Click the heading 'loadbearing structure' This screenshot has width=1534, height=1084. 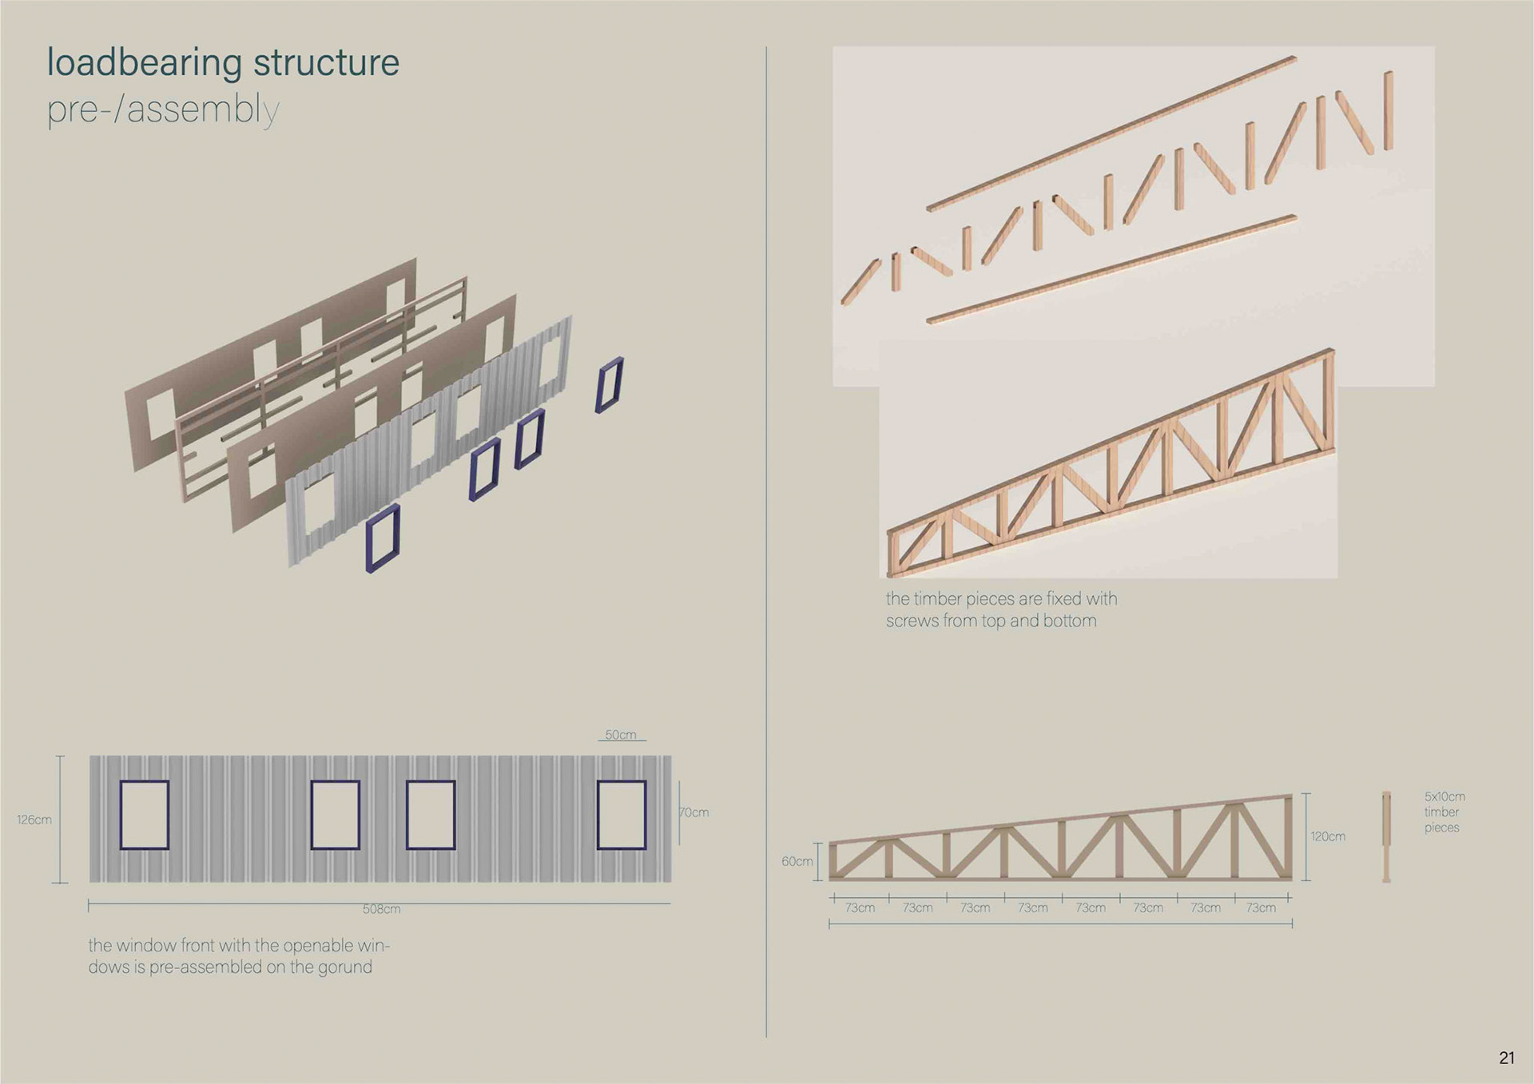click(x=223, y=63)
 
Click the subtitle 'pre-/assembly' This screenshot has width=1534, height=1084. click(x=163, y=110)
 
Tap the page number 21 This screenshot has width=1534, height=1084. click(x=1506, y=1058)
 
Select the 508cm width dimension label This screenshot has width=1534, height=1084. click(x=381, y=909)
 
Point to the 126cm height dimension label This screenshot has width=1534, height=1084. click(x=34, y=820)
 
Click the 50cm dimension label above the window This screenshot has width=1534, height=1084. click(x=621, y=735)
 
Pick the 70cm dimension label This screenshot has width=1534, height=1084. click(x=694, y=812)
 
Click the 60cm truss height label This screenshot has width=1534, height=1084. click(x=797, y=861)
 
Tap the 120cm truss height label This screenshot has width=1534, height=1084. click(x=1327, y=836)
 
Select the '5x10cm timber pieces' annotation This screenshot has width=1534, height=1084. click(x=1444, y=812)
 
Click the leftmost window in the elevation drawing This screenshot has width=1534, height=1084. click(x=145, y=815)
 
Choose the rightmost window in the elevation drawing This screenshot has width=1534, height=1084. click(x=622, y=815)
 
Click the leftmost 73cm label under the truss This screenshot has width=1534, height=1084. click(x=860, y=907)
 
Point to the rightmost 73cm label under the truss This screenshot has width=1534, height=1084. click(x=1261, y=907)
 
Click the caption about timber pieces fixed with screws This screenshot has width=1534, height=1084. click(x=1000, y=610)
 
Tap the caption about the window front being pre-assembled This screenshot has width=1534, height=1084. click(x=238, y=956)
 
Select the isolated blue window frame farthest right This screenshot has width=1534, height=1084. click(x=609, y=384)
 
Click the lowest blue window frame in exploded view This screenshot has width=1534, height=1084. click(x=383, y=538)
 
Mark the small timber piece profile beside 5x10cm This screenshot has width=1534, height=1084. click(x=1386, y=836)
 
